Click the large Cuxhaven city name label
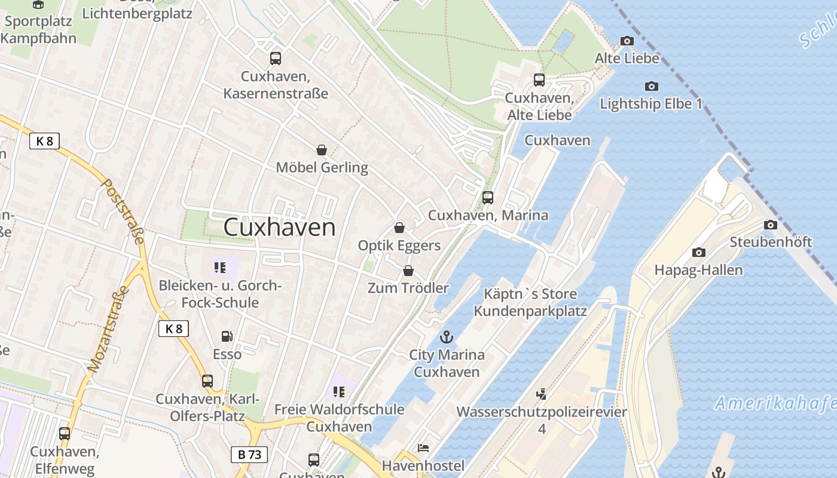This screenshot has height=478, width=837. tap(279, 228)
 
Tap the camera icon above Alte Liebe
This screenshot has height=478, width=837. tap(627, 41)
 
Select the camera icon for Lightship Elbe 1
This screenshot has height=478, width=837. tap(652, 86)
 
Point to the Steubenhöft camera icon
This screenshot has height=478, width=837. tap(771, 225)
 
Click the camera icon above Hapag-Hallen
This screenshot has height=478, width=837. tap(698, 252)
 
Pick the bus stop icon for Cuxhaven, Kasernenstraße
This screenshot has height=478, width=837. tap(275, 59)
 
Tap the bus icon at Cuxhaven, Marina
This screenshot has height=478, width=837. tap(488, 197)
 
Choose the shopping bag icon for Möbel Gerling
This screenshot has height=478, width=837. tap(322, 149)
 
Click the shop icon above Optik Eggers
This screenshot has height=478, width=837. tap(399, 228)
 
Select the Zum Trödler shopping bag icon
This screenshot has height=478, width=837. tap(408, 271)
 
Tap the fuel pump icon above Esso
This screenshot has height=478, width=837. tap(227, 337)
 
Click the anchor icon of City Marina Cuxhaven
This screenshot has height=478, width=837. tap(447, 337)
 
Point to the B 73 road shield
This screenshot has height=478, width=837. tap(249, 454)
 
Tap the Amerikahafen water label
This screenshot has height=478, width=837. tap(775, 403)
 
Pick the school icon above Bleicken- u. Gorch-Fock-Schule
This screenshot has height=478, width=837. tap(219, 268)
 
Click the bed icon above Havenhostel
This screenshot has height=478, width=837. tap(423, 448)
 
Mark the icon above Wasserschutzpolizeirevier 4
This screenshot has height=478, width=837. tap(541, 394)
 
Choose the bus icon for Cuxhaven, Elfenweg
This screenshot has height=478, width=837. tap(65, 434)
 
